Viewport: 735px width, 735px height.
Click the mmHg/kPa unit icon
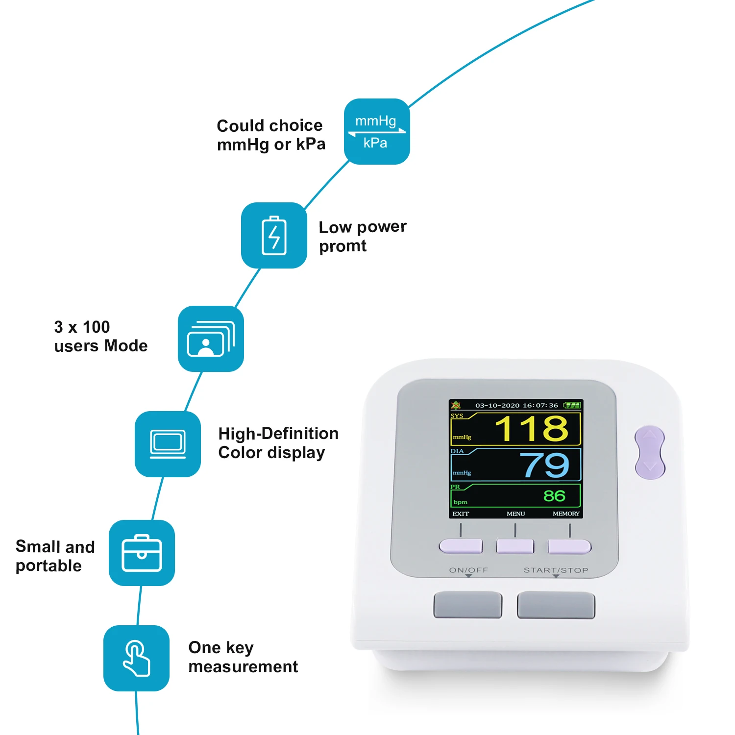tap(377, 131)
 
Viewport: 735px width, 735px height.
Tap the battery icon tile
tap(274, 235)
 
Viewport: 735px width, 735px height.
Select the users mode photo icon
tap(211, 339)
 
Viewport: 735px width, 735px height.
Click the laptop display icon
tap(168, 444)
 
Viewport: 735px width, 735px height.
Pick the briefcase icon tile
tap(142, 553)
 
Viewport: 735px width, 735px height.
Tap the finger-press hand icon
tap(136, 658)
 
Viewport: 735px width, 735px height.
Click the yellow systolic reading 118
tap(531, 429)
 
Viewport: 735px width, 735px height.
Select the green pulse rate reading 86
tap(554, 496)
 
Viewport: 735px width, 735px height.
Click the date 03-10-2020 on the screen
tap(497, 405)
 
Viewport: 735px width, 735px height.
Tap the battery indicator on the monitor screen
tap(572, 405)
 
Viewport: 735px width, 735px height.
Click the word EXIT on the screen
tap(461, 514)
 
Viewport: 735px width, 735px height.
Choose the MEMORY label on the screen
tap(566, 514)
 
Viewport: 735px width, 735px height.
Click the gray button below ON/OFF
tap(467, 605)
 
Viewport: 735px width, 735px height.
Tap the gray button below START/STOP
tap(556, 605)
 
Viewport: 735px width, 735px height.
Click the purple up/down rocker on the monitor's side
tap(650, 452)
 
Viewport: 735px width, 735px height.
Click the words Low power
tap(363, 227)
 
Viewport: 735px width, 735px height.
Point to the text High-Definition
tap(278, 434)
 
